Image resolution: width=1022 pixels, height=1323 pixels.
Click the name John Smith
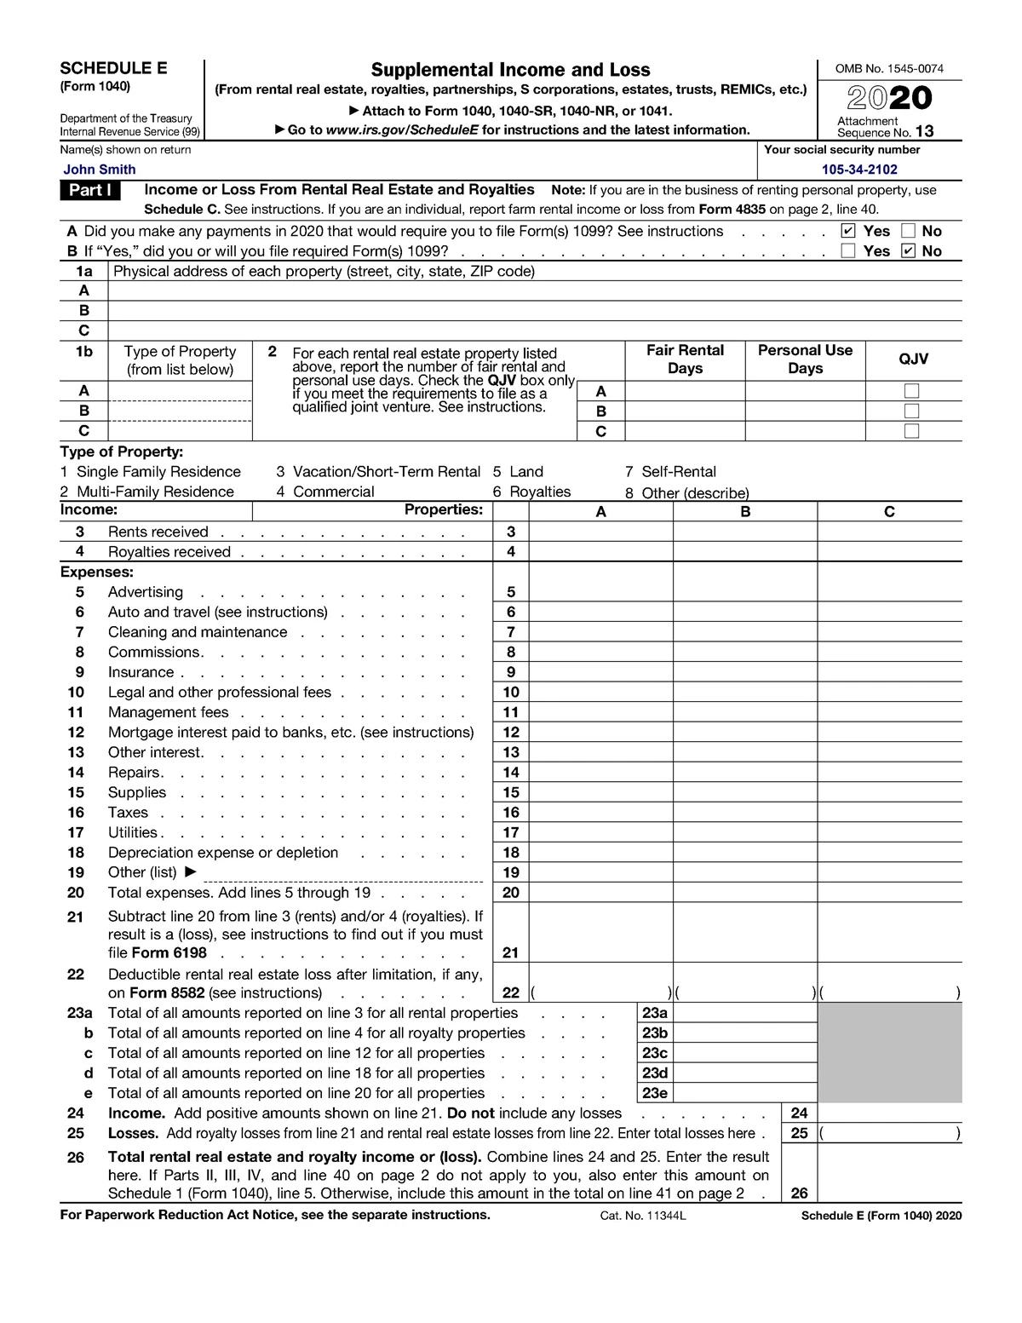pyautogui.click(x=99, y=170)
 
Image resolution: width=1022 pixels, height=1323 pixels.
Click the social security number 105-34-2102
pyautogui.click(x=858, y=170)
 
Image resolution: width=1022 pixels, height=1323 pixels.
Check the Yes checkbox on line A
pyautogui.click(x=847, y=231)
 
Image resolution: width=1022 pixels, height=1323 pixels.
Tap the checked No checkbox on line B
pyautogui.click(x=908, y=251)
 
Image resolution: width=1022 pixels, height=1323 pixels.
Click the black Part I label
pyautogui.click(x=90, y=190)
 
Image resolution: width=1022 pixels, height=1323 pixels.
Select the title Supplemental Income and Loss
pyautogui.click(x=510, y=70)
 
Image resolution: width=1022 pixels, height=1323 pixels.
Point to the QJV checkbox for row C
pyautogui.click(x=912, y=431)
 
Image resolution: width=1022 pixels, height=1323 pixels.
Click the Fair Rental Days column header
pyautogui.click(x=685, y=360)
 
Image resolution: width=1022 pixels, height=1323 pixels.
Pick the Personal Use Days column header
pyautogui.click(x=805, y=360)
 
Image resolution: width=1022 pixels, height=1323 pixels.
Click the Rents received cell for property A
pyautogui.click(x=600, y=532)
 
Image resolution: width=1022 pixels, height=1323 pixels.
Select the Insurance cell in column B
pyautogui.click(x=745, y=672)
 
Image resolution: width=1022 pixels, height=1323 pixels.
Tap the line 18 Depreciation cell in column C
pyautogui.click(x=889, y=853)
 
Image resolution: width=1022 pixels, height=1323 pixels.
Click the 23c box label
pyautogui.click(x=654, y=1053)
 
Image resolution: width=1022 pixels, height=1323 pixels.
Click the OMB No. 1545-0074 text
pyautogui.click(x=889, y=69)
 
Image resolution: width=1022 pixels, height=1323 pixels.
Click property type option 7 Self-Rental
pyautogui.click(x=670, y=472)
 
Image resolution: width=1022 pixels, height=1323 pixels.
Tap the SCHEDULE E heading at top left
pyautogui.click(x=113, y=69)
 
